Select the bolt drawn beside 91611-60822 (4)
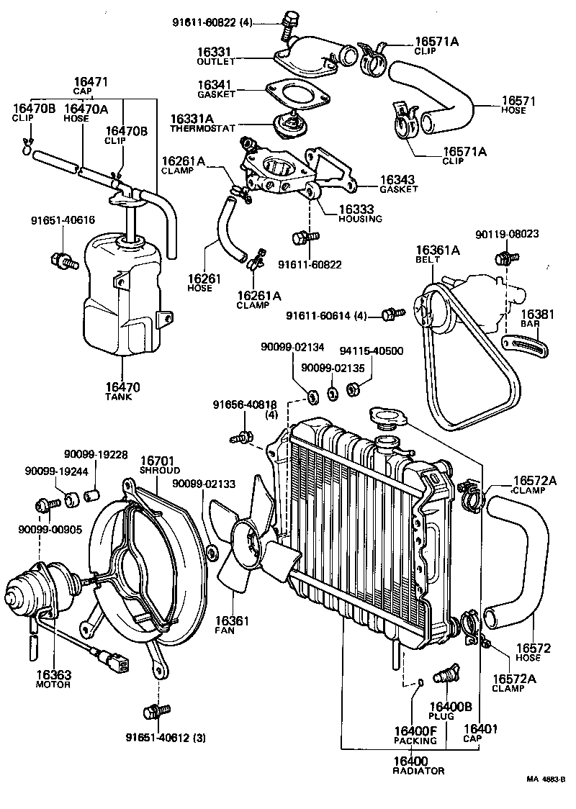290,23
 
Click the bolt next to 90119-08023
503,257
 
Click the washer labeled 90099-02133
212,553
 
